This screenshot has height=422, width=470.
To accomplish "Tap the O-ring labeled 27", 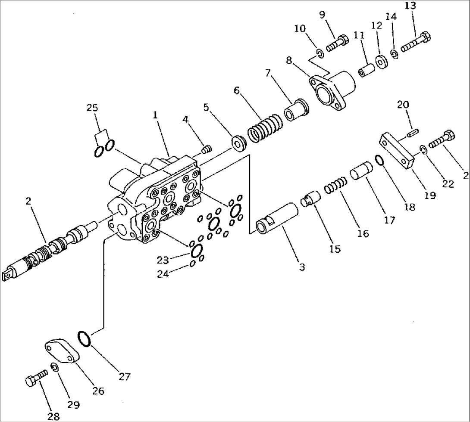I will [84, 338].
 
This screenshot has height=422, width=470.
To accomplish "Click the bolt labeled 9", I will [338, 43].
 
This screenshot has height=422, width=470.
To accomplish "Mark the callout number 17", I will [389, 220].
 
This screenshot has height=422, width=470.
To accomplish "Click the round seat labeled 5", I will [238, 143].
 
